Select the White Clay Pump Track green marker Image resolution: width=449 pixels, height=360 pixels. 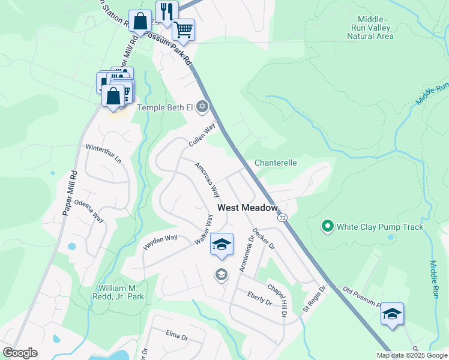327,226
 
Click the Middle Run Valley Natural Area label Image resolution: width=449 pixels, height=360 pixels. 370,28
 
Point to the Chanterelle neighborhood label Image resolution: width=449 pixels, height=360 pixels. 276,163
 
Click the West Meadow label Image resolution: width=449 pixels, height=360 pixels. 247,208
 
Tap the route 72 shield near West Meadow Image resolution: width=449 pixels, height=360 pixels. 283,217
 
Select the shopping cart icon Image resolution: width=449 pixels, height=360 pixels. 183,28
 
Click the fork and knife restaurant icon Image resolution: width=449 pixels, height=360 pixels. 167,11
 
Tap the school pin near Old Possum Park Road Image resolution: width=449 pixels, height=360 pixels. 392,314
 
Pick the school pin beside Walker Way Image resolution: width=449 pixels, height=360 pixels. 221,244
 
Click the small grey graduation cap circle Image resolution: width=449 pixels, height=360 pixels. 221,275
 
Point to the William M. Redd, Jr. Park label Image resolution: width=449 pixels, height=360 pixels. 119,292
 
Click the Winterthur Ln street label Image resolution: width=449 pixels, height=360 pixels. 103,155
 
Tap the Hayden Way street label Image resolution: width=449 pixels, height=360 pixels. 160,242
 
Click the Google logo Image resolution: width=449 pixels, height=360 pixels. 20,353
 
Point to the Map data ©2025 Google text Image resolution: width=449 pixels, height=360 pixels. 411,355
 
